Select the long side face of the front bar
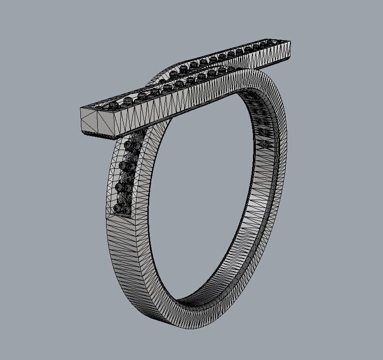point(187,101)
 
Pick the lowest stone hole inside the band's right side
point(266,145)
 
